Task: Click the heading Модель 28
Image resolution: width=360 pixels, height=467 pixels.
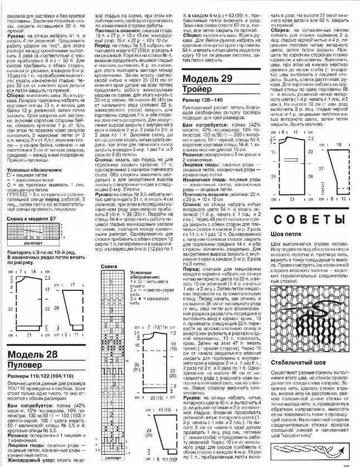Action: (x=33, y=340)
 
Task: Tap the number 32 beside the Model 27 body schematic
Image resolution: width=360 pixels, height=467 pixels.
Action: (x=11, y=291)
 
